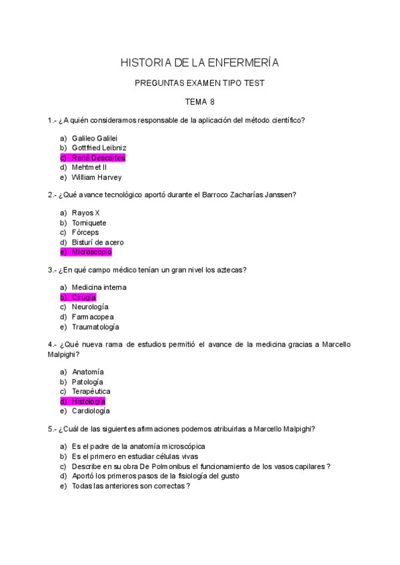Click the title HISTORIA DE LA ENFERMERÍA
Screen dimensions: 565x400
(x=199, y=63)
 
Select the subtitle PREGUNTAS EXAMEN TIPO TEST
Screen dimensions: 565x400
(x=199, y=83)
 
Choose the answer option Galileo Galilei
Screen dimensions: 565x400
(x=95, y=138)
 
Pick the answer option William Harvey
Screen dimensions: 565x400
(x=96, y=178)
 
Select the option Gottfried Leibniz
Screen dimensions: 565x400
(x=99, y=148)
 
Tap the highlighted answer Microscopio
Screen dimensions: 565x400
(x=91, y=253)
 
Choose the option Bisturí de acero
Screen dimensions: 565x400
(x=97, y=243)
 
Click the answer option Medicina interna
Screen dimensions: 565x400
(x=99, y=287)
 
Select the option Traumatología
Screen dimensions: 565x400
(x=95, y=327)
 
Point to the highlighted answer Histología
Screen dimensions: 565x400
(x=88, y=402)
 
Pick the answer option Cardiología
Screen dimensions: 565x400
(x=91, y=412)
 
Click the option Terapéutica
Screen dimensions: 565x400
(x=91, y=392)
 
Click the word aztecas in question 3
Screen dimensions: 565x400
(x=230, y=270)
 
